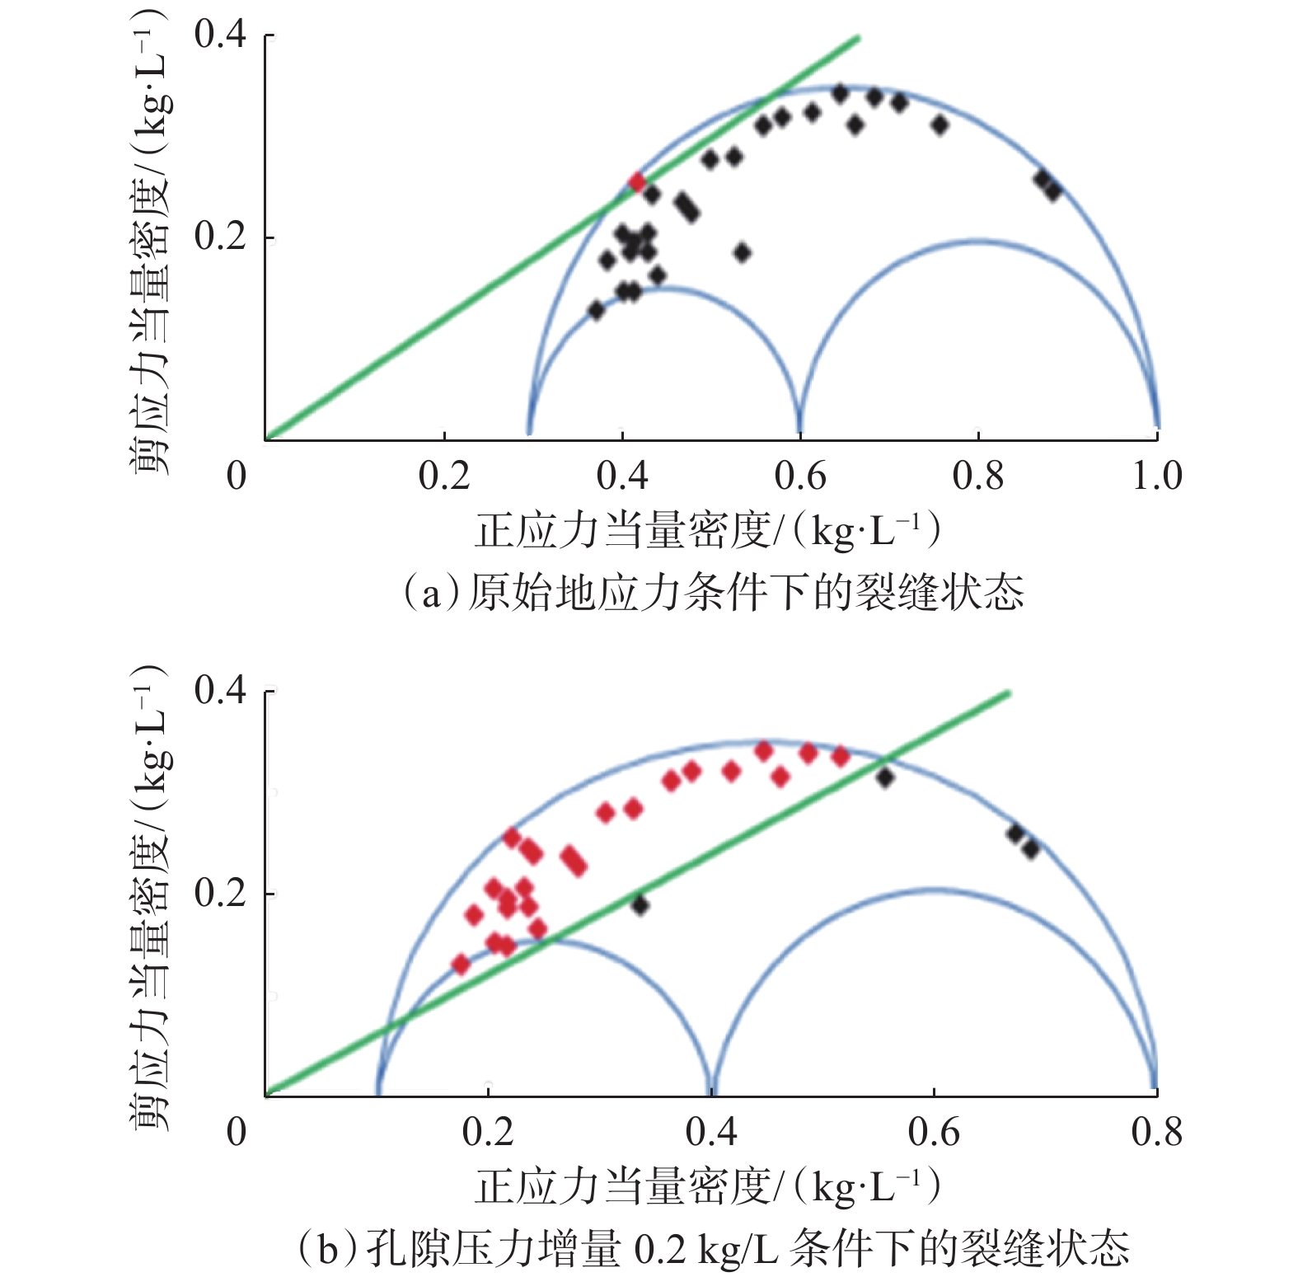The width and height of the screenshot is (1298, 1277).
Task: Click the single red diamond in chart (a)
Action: point(637,182)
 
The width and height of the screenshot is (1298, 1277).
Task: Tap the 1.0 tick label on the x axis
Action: point(1156,476)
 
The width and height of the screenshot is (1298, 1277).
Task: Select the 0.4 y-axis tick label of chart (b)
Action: point(219,690)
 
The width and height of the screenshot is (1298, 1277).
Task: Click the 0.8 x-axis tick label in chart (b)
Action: point(1156,1132)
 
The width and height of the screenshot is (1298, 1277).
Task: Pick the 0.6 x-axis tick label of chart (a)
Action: point(799,476)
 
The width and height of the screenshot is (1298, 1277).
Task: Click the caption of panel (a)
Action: point(713,592)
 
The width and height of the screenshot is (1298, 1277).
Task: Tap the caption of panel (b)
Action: point(713,1248)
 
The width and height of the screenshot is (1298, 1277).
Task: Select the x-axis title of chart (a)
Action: point(707,530)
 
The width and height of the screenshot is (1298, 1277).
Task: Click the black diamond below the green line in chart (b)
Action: point(640,904)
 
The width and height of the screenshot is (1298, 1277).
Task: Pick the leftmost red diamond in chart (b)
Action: point(461,964)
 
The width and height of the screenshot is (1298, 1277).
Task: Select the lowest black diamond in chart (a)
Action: point(596,311)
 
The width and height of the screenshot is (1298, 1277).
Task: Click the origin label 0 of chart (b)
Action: point(237,1132)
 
